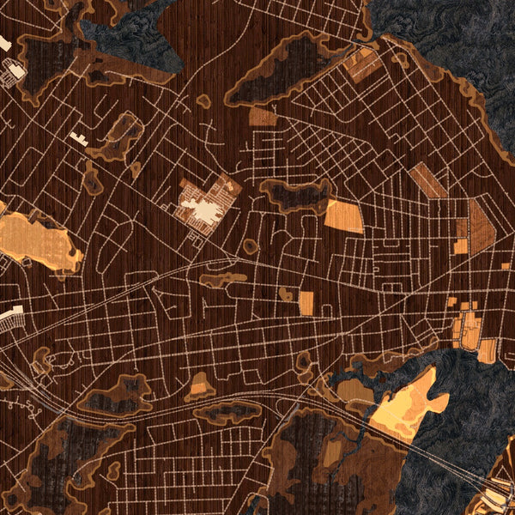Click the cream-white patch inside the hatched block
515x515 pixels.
pos(203,209)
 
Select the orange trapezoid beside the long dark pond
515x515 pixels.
pos(343,215)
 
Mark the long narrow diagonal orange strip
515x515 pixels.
pos(427,181)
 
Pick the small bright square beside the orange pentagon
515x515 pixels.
pos(461,246)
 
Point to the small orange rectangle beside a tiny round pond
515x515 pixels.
pos(306,302)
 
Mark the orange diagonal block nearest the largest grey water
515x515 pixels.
pos(364,64)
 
